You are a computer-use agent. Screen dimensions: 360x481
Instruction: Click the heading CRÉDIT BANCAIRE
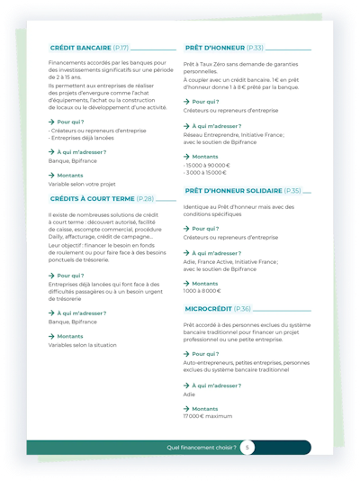(81, 47)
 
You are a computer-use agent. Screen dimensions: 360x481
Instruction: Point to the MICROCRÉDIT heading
(214, 308)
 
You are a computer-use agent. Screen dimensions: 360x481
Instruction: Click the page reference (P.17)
(121, 47)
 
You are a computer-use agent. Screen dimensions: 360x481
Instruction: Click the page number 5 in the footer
(247, 447)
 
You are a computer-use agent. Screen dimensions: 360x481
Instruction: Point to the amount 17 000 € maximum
(207, 416)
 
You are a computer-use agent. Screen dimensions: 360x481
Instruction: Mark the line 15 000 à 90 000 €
(207, 165)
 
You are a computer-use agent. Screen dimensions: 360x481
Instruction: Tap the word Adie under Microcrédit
(189, 394)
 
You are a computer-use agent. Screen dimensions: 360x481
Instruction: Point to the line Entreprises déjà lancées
(81, 138)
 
